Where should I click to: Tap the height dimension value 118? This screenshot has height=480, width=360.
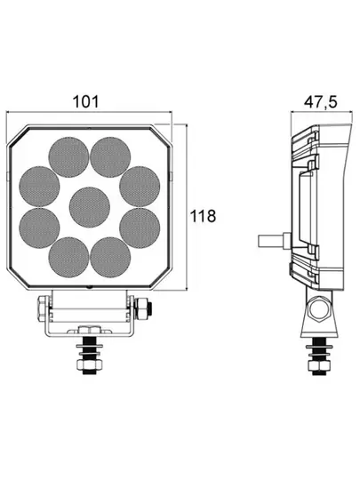point(204,216)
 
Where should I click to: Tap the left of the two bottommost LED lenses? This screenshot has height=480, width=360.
point(68,257)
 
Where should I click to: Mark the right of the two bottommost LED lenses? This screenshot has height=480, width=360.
point(108,257)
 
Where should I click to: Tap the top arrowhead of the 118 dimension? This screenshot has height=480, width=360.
point(186,127)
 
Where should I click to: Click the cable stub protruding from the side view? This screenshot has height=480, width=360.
point(269,240)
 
